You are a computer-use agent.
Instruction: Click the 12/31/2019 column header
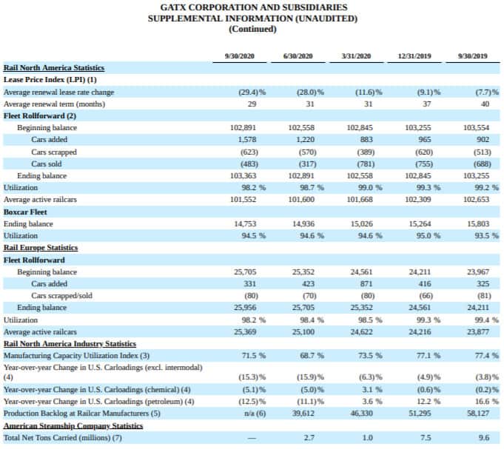414,56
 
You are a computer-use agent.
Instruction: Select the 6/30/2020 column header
298,56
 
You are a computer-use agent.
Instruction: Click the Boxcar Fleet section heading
25,212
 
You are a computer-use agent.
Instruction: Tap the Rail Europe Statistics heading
41,248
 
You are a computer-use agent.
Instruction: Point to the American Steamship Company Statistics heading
73,426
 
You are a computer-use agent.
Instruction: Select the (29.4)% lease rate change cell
252,92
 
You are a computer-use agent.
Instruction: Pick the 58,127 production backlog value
478,413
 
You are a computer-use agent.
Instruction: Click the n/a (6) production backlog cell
255,413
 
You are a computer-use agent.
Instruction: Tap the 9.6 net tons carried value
484,438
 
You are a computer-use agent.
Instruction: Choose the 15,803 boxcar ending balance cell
478,224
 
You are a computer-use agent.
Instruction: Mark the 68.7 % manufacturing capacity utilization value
312,356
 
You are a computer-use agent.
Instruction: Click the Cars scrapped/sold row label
61,295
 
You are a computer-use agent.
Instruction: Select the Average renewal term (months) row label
54,104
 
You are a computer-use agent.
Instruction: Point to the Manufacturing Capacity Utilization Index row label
71,356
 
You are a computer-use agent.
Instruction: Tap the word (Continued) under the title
252,29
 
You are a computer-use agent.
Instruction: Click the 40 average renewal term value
485,104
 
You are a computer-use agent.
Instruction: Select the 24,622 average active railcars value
362,332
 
